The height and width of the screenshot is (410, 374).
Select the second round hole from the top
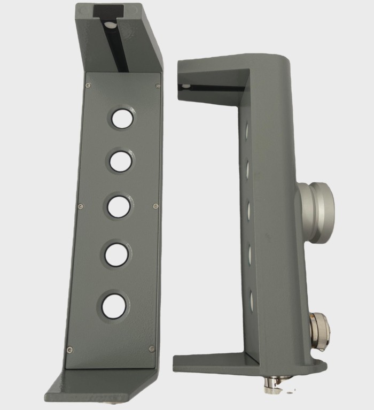point(120,160)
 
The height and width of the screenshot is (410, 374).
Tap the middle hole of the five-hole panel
point(118,206)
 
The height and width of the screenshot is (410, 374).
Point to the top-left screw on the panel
point(89,85)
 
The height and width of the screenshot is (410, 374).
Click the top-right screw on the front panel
point(157,86)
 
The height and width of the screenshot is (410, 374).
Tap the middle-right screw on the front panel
point(155,206)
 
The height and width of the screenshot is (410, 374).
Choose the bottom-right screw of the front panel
point(152,349)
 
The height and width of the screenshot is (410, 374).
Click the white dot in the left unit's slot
point(109,25)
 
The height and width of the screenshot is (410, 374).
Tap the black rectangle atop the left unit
point(108,11)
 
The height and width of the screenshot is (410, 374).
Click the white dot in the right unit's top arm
point(185,86)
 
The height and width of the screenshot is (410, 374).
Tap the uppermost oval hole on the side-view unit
point(246,130)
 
